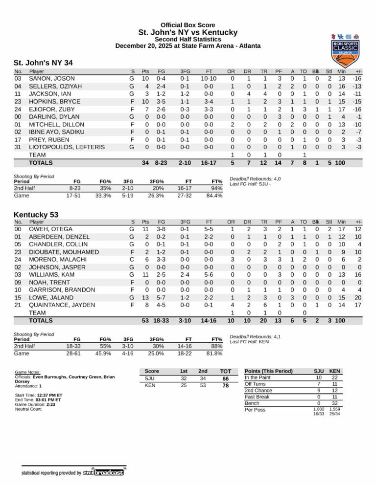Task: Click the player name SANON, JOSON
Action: (x=52, y=79)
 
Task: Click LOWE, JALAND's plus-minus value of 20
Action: (x=358, y=298)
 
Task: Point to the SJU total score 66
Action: (x=226, y=378)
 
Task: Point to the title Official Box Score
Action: (x=188, y=25)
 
